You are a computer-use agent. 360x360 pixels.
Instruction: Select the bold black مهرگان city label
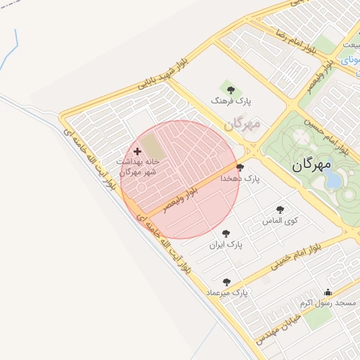(x=311, y=167)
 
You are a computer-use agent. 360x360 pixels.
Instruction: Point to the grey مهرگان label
(x=243, y=124)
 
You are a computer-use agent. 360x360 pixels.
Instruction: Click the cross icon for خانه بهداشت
(x=136, y=151)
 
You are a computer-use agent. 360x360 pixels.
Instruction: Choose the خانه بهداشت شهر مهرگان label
(x=139, y=167)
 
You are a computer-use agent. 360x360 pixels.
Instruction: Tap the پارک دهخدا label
(x=240, y=179)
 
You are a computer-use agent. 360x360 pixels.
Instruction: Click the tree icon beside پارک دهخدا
(x=240, y=167)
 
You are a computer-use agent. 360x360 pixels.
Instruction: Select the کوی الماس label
(x=280, y=221)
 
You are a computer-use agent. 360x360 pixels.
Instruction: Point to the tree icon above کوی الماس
(x=281, y=209)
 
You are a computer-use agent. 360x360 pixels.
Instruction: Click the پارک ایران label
(x=226, y=245)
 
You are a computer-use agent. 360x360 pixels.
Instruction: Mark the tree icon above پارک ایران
(x=226, y=233)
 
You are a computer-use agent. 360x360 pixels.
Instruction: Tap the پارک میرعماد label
(x=227, y=292)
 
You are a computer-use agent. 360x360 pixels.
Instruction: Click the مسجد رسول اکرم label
(x=328, y=303)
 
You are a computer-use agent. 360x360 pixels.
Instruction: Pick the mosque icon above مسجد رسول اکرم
(x=328, y=292)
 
